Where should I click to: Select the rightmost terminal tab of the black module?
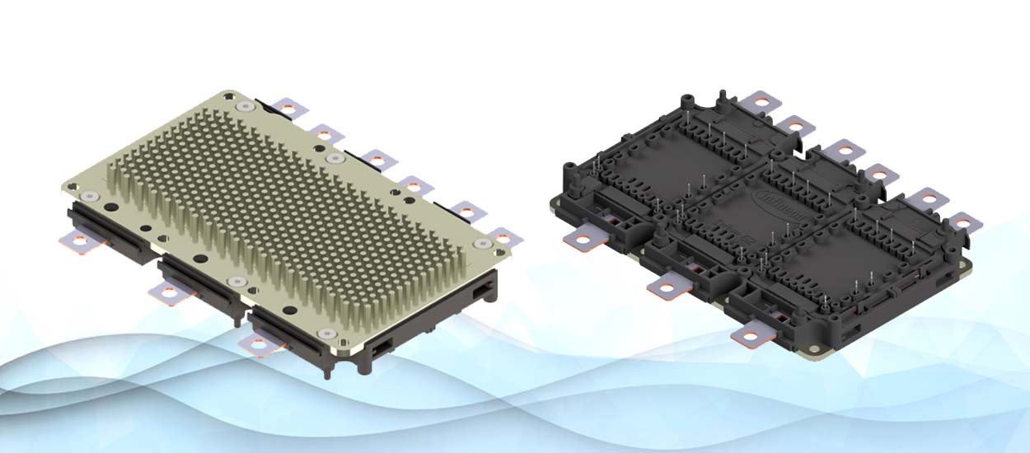(963, 222)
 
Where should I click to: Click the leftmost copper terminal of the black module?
(581, 240)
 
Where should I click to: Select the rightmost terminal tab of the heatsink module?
(503, 238)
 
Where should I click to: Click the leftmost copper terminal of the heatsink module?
(79, 240)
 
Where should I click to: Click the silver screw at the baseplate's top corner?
(245, 106)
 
